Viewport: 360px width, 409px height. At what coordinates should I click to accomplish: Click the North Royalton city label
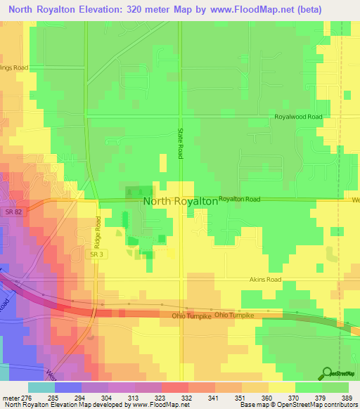[180, 201]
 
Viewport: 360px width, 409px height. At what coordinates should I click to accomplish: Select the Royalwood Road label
[298, 117]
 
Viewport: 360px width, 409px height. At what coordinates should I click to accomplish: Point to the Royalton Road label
[239, 200]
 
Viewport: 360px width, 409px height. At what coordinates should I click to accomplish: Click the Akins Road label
[265, 279]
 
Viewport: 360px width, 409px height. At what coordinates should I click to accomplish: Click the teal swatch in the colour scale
[41, 387]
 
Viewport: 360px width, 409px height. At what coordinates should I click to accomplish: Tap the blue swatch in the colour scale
[67, 387]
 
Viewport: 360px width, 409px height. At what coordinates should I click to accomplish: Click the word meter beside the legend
[12, 397]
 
